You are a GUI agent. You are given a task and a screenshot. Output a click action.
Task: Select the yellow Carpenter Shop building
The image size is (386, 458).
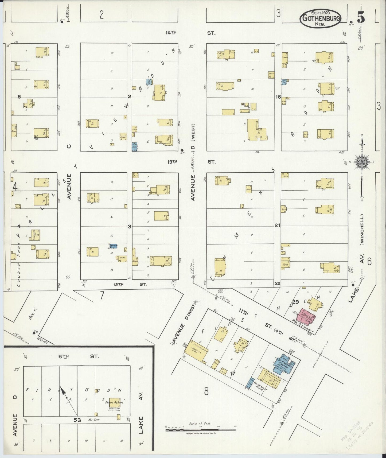pos(196,352)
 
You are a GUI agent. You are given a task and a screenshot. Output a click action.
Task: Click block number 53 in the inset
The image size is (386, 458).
pos(77,420)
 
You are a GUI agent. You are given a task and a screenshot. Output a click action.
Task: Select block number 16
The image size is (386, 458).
pos(278,97)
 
